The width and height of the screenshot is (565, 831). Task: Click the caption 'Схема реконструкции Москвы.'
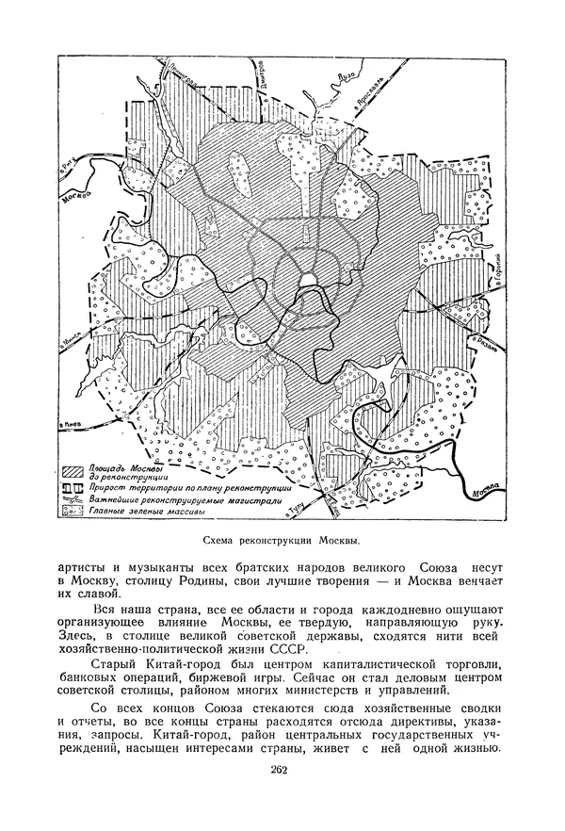(x=282, y=541)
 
